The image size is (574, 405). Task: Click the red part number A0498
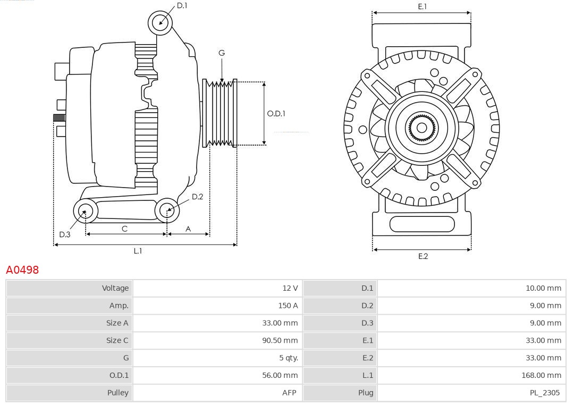click(22, 270)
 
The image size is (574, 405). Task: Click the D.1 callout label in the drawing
click(182, 5)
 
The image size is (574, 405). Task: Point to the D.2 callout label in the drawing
click(197, 197)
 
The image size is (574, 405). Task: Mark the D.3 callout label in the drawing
click(65, 234)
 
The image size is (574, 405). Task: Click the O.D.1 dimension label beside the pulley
click(276, 113)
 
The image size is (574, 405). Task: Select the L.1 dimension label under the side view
click(138, 251)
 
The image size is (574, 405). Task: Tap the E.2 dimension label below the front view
click(423, 256)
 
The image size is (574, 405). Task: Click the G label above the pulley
click(222, 53)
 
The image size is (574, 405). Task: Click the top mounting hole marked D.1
click(160, 22)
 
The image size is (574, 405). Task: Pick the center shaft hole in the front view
click(421, 128)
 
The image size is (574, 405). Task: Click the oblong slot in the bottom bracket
click(421, 224)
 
